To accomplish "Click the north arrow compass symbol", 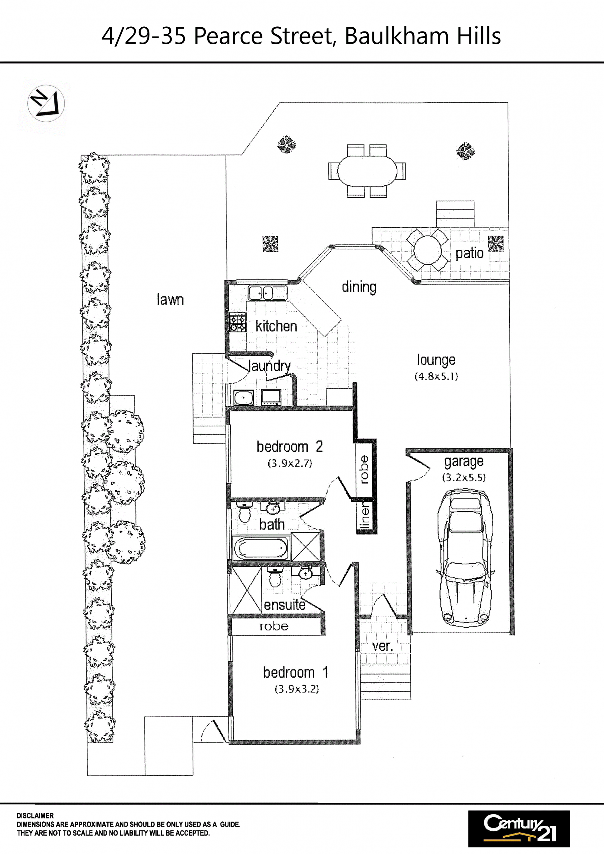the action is tap(46, 103).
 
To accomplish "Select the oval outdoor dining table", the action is tap(367, 171).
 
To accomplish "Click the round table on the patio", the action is tap(428, 250).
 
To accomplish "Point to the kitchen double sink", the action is tap(268, 293).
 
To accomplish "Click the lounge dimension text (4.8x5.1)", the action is tap(436, 376).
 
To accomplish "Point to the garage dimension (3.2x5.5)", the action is tap(464, 478).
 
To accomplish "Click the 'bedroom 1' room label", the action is tap(295, 673).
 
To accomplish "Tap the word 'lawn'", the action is tap(170, 299).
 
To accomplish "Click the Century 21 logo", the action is tap(519, 829).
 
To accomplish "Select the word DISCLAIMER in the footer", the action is tap(35, 815).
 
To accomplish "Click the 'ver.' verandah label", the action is tap(383, 646).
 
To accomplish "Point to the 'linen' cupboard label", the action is tap(366, 516).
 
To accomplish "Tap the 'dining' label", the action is tap(359, 287).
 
